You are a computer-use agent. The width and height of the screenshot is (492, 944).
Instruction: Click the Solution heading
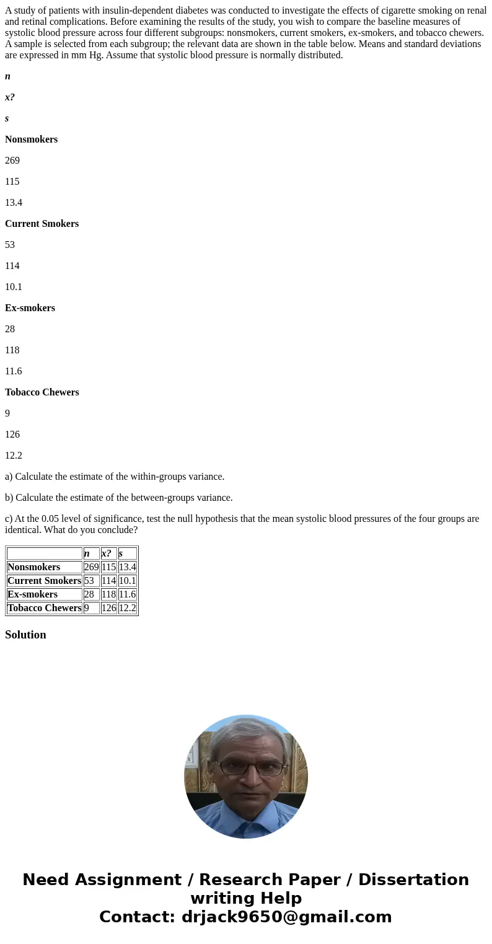[x=25, y=635]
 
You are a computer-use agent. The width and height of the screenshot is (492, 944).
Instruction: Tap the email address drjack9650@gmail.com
[x=287, y=917]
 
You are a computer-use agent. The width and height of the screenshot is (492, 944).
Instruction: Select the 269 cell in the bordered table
[x=91, y=567]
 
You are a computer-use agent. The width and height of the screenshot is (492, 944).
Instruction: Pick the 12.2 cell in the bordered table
[x=127, y=608]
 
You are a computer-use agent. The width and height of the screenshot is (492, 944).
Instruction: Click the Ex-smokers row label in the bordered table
[x=32, y=594]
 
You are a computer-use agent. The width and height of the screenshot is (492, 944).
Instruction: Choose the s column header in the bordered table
[x=120, y=554]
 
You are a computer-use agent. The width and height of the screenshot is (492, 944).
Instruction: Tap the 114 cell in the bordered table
[x=108, y=581]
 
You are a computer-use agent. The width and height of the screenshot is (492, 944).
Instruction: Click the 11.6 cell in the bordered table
[x=127, y=594]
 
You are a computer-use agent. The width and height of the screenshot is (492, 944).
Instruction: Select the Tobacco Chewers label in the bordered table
[x=44, y=608]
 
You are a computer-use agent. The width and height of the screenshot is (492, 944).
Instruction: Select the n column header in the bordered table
[x=87, y=554]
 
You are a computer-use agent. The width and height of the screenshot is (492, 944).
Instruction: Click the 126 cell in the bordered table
[x=108, y=608]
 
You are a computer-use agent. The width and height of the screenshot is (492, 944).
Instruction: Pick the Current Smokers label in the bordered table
[x=44, y=581]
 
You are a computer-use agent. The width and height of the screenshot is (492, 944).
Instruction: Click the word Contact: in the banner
[x=138, y=917]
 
